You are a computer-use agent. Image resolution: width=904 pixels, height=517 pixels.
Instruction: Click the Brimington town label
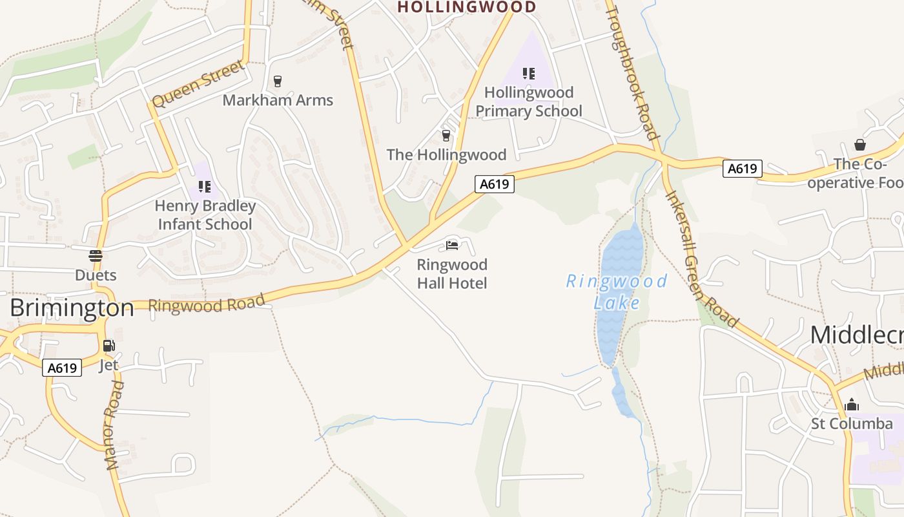click(72, 308)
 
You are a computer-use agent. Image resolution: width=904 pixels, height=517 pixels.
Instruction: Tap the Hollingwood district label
click(466, 7)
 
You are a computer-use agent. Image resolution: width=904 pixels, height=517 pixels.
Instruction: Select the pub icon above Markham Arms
click(278, 81)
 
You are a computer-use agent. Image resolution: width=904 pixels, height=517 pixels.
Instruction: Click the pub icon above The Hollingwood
click(446, 135)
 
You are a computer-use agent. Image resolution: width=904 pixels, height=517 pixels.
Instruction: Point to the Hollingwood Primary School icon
click(529, 74)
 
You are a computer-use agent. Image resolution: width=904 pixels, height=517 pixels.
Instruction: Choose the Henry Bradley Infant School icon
click(205, 187)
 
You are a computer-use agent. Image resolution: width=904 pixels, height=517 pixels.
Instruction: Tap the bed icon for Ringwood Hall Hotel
click(452, 246)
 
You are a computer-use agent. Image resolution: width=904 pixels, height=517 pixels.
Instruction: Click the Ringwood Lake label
click(616, 291)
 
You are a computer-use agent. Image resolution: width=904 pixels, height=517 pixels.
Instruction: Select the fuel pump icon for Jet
click(108, 346)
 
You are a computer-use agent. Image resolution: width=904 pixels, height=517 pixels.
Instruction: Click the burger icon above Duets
click(96, 256)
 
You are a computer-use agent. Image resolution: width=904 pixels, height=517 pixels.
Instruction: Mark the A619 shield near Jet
click(63, 368)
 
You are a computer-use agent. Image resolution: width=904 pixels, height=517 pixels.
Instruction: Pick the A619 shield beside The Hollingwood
click(495, 184)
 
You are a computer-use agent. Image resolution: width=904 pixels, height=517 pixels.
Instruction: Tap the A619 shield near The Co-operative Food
click(742, 169)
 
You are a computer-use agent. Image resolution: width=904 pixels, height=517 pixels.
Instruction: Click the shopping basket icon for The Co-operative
click(860, 144)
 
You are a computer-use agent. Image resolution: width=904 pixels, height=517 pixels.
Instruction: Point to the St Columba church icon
click(852, 405)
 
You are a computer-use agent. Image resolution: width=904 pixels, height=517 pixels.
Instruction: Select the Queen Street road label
click(199, 83)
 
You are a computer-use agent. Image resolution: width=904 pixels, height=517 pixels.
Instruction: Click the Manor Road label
click(114, 425)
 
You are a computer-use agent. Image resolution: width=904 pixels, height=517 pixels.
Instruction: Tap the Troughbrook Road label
click(632, 72)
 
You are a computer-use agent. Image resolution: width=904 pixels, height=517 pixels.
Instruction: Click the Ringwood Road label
click(207, 303)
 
